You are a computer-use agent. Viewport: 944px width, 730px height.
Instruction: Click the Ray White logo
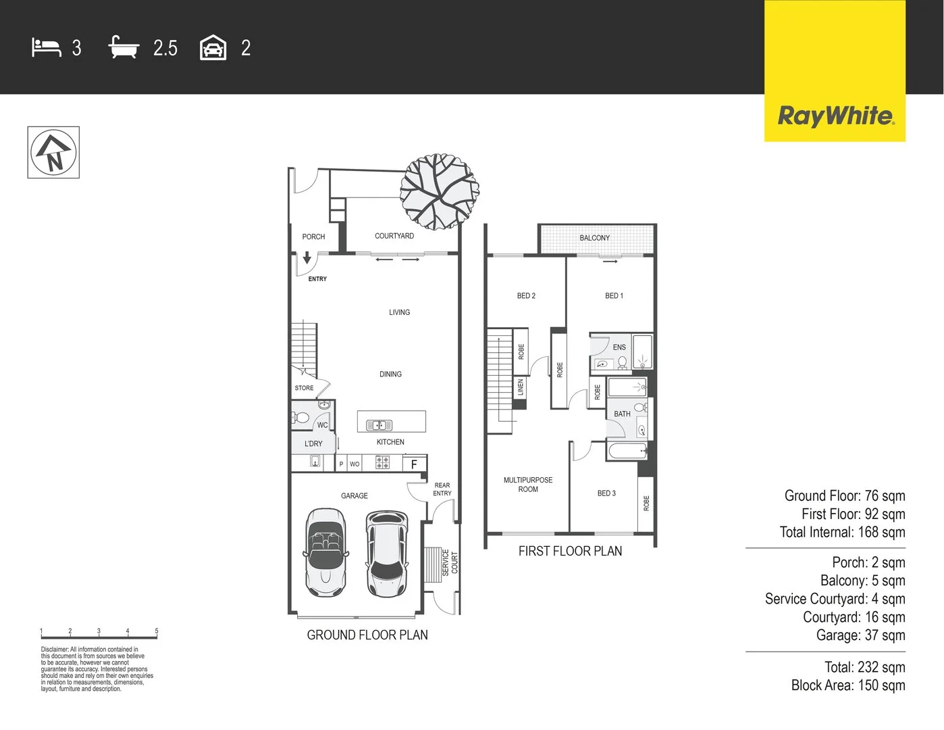(835, 116)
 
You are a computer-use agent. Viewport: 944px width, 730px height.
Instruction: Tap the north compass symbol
(53, 152)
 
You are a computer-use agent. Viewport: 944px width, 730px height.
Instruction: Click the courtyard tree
(439, 191)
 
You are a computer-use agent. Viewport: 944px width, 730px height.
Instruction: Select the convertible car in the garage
(325, 552)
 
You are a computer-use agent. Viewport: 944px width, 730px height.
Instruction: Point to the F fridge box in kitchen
(414, 464)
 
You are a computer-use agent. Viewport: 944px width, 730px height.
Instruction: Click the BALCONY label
(594, 238)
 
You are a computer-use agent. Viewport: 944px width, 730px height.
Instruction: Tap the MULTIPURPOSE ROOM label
(528, 485)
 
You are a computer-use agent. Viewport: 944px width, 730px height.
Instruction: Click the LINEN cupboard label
(520, 387)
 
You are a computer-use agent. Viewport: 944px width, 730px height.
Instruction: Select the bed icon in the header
(47, 48)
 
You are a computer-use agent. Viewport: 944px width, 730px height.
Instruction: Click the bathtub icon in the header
(124, 48)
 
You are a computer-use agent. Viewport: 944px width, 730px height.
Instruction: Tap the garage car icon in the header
(213, 48)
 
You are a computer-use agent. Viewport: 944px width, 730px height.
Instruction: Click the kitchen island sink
(379, 425)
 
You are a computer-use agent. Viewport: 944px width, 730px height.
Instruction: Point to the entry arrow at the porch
(307, 258)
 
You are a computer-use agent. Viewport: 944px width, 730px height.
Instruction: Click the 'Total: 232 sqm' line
(864, 667)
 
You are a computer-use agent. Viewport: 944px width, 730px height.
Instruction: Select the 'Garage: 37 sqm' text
(860, 635)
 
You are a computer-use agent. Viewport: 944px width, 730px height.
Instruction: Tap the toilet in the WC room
(301, 418)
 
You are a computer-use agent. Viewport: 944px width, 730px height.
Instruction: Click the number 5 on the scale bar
(157, 631)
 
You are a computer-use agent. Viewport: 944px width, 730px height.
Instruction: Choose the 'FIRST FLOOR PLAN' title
(570, 551)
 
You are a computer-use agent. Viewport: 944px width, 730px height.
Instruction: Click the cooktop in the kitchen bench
(382, 463)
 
